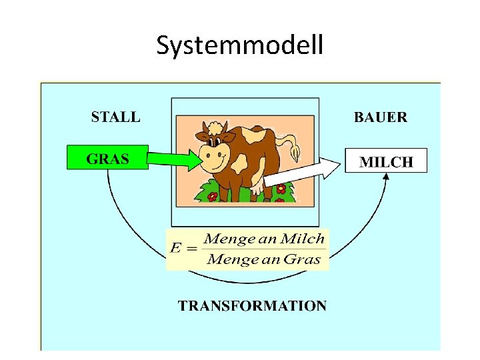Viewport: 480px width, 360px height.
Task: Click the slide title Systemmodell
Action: (x=240, y=45)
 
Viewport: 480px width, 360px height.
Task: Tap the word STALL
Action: (x=115, y=117)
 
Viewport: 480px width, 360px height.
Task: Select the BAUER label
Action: (x=380, y=117)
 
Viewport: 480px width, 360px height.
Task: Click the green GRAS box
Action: (x=107, y=159)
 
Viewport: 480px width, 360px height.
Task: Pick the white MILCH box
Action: (x=386, y=161)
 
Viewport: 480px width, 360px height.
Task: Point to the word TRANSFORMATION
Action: (x=252, y=306)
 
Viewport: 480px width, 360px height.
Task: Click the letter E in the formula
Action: (x=176, y=249)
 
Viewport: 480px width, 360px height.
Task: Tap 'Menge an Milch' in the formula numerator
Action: (x=264, y=238)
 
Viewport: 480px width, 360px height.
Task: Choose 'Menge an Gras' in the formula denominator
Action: (x=264, y=259)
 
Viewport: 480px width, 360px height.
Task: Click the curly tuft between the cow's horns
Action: (x=213, y=129)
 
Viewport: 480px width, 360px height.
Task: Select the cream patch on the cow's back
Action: (x=253, y=135)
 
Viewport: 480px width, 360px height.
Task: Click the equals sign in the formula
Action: (x=192, y=249)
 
